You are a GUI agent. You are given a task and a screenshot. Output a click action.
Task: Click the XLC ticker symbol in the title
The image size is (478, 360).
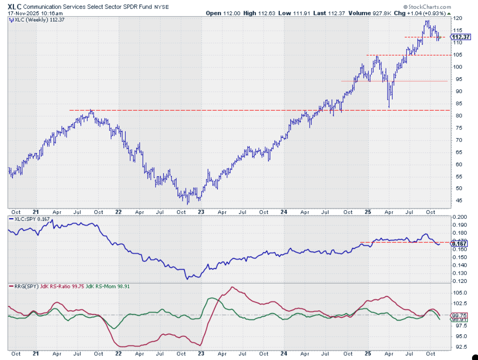(14, 7)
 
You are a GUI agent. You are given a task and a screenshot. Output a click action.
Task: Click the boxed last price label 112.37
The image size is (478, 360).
(462, 37)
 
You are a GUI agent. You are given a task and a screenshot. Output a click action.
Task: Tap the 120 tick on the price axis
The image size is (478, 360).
(458, 18)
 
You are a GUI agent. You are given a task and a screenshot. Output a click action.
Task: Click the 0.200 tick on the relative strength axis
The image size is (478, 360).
(460, 217)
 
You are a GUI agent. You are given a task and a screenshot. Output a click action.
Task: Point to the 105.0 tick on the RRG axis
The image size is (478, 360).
(460, 293)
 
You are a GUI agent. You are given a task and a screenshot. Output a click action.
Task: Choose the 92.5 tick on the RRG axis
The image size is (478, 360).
(460, 347)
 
